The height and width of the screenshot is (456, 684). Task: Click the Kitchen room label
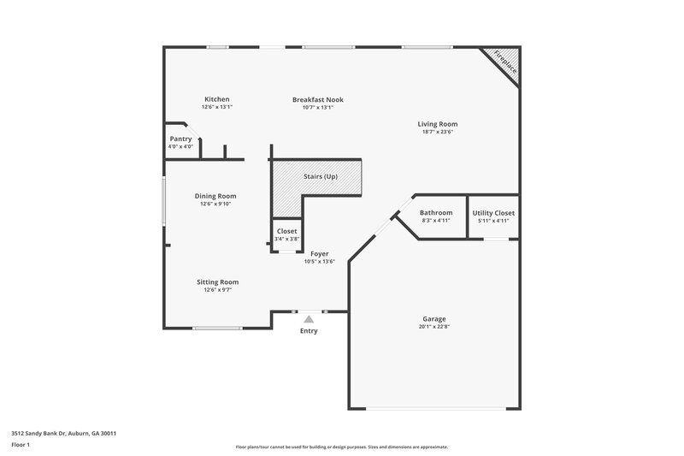[x=216, y=99]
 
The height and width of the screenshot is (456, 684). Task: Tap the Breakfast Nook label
[x=317, y=99]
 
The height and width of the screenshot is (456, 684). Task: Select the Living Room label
[x=437, y=124]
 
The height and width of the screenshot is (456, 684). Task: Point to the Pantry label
[x=180, y=139]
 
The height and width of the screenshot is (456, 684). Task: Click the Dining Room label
[x=215, y=196]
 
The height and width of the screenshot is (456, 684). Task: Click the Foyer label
[x=320, y=254]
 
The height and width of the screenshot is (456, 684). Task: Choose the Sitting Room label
[x=217, y=281]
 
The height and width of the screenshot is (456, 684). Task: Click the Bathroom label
[x=436, y=212]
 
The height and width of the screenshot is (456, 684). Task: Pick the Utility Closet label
[x=493, y=212]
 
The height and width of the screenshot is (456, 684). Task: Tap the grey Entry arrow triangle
[x=309, y=318]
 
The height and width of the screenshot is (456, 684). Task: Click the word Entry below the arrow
[x=309, y=330]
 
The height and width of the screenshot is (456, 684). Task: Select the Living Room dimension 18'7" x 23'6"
[x=437, y=132]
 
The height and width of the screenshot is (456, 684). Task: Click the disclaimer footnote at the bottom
[x=341, y=447]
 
